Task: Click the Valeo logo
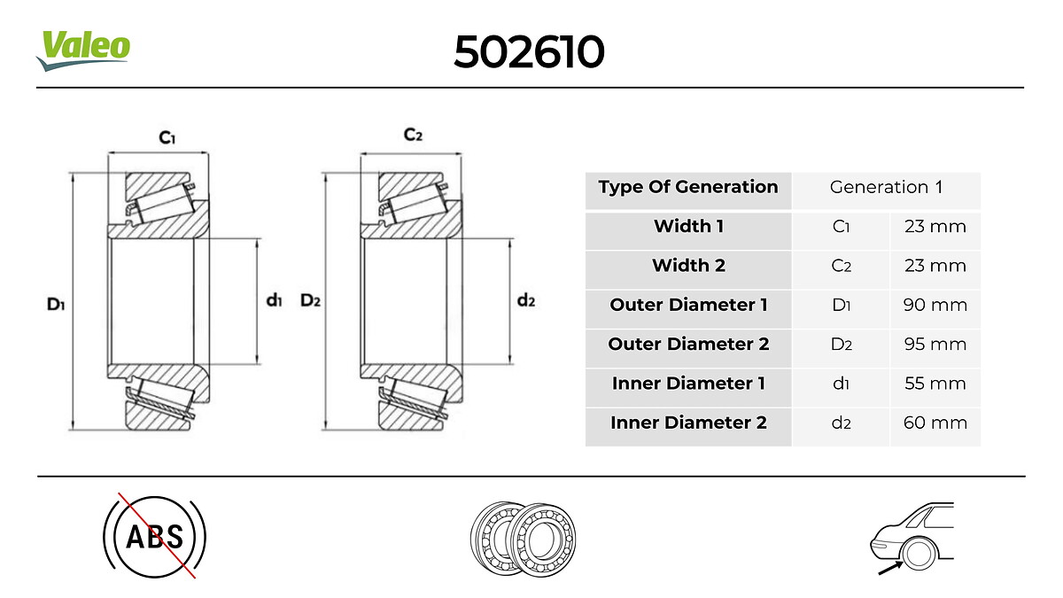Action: [83, 50]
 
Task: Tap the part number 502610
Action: [529, 51]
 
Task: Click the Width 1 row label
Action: [688, 226]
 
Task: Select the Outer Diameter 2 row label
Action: [688, 344]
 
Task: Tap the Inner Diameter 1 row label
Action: [688, 383]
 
